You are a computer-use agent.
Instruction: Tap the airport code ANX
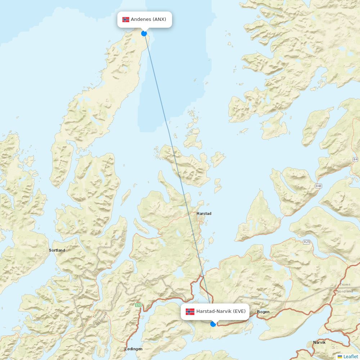[159, 19]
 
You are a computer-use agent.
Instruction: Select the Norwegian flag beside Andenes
[126, 19]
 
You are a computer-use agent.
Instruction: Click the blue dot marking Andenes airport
[144, 33]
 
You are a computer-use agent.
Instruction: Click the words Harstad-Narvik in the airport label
[214, 311]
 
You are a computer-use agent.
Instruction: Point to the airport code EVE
[239, 311]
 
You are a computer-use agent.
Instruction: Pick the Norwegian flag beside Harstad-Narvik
[190, 311]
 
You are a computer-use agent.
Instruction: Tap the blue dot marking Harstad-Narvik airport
[213, 324]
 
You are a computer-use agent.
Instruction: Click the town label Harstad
[204, 213]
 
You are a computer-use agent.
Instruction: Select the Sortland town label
[57, 250]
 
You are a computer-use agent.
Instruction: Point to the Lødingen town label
[133, 349]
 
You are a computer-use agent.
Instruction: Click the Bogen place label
[263, 312]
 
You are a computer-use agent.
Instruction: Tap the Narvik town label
[319, 342]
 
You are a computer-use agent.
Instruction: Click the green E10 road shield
[138, 305]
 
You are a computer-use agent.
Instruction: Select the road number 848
[318, 186]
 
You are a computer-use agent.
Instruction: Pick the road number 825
[306, 242]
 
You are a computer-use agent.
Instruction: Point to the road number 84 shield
[356, 159]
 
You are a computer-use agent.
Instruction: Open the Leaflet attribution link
[351, 356]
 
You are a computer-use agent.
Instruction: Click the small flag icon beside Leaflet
[340, 357]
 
